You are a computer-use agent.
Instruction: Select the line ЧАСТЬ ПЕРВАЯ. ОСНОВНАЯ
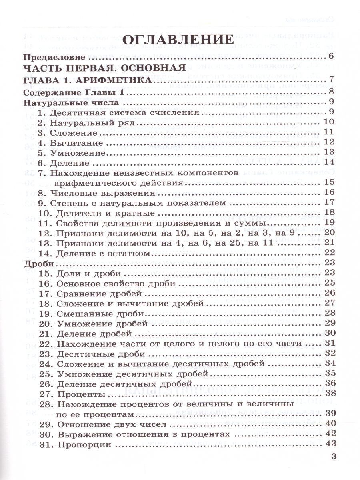104,68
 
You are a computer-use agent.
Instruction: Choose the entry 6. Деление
64,162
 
